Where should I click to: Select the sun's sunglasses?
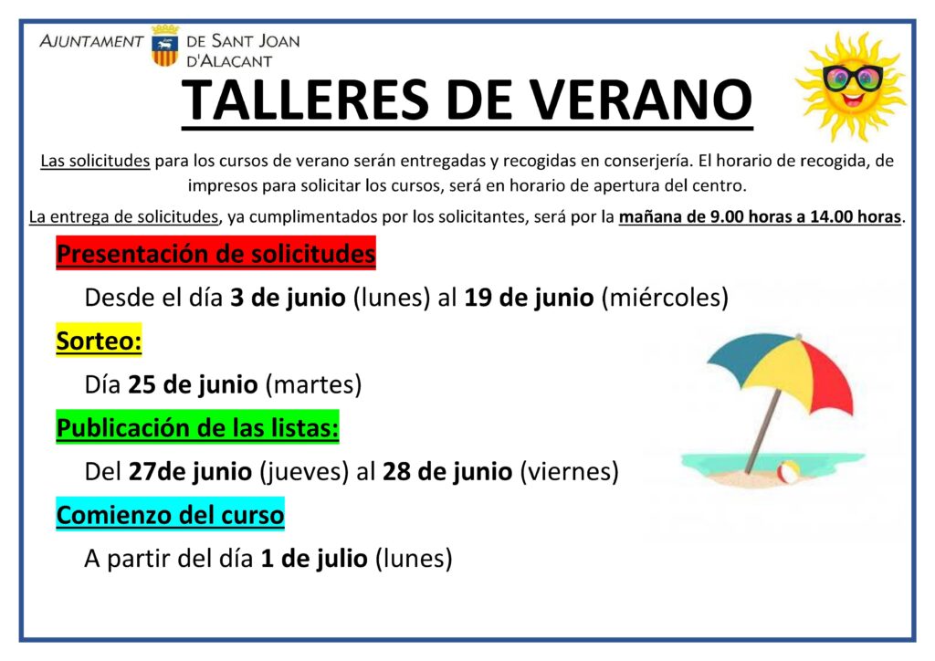tap(853, 79)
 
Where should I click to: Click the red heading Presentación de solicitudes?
tap(215, 253)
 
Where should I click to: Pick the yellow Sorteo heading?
tap(99, 341)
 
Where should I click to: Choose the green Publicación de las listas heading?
tap(197, 427)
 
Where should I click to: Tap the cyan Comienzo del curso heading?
tap(170, 514)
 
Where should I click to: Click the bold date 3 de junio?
tap(288, 297)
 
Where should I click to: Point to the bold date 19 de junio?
tap(529, 297)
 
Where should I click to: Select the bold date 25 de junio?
tap(193, 383)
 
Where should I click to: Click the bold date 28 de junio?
tap(447, 471)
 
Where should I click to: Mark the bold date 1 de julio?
tap(314, 558)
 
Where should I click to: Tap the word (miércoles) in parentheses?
tap(665, 298)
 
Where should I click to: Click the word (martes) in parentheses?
tap(313, 384)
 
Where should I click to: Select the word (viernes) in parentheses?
tap(570, 471)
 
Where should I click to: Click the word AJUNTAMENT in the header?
tap(91, 41)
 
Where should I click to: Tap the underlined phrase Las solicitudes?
tap(95, 161)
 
